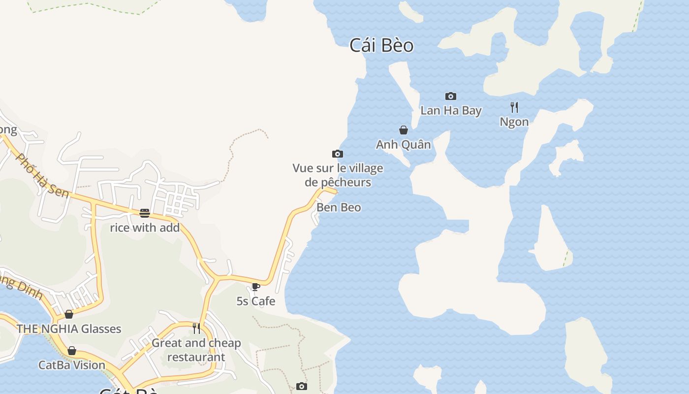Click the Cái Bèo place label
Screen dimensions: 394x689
381,45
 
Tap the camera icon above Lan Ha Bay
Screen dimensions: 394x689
450,96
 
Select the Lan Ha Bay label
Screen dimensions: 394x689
451,110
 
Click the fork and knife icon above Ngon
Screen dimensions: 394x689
514,107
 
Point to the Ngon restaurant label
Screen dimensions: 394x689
514,122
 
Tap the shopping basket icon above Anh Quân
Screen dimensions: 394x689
404,130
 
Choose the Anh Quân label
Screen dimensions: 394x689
404,144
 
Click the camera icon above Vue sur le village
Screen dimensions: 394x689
338,154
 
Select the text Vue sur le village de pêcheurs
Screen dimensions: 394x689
338,175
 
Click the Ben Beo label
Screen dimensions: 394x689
339,207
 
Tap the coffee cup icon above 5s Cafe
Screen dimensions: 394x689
255,287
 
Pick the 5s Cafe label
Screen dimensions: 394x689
256,301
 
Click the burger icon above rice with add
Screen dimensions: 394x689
145,213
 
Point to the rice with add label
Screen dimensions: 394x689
145,228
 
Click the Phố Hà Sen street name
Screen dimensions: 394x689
42,175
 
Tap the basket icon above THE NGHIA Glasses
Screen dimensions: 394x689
69,314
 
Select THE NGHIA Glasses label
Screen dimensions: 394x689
69,328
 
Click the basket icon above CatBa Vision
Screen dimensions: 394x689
72,351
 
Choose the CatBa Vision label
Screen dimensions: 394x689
72,365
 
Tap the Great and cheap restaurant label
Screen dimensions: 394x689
196,350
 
